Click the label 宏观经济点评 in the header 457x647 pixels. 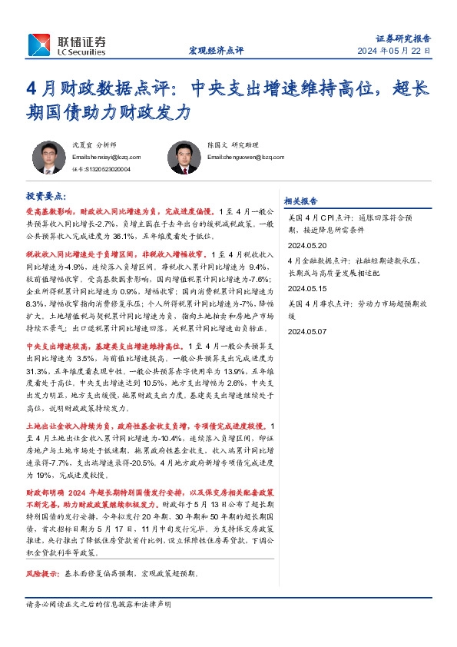216,51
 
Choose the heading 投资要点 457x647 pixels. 46,197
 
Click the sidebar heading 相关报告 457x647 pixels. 300,201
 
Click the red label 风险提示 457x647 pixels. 43,574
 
